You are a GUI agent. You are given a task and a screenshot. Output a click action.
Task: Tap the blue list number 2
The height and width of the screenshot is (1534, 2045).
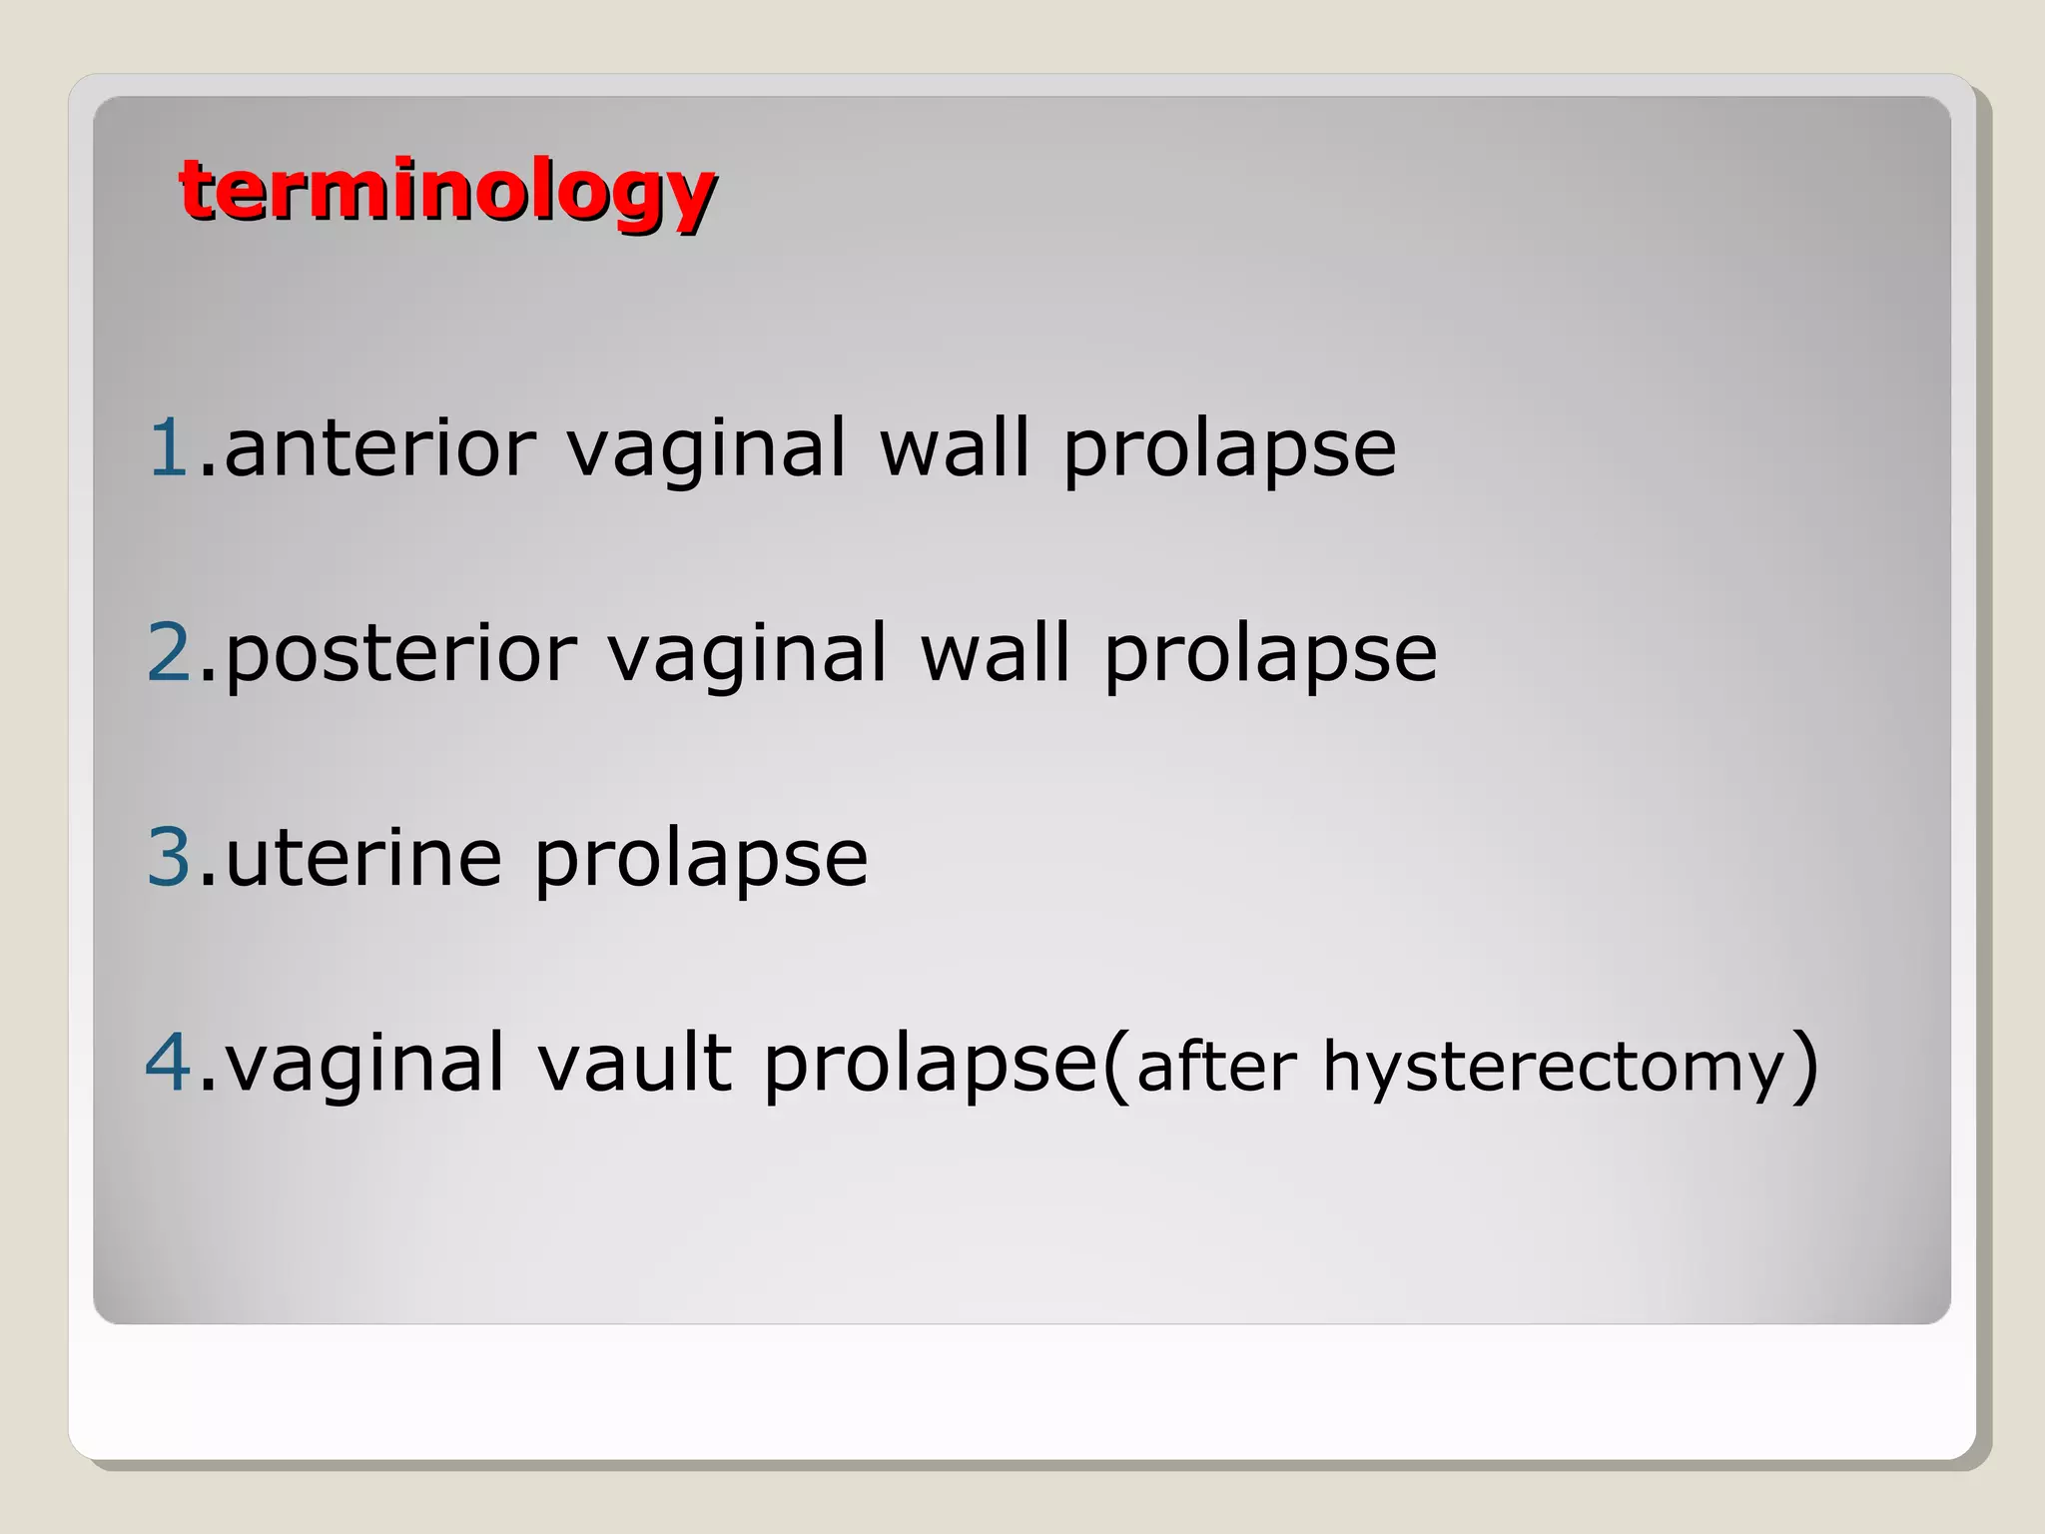tap(169, 652)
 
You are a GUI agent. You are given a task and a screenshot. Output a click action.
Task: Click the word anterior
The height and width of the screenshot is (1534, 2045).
tap(380, 449)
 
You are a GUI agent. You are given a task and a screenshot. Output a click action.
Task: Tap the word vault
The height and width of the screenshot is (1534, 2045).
tap(635, 1063)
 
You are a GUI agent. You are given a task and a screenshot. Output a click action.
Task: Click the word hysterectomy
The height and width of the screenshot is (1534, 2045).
tap(1554, 1067)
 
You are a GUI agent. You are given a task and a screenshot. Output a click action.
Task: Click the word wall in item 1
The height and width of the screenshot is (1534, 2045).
tap(954, 449)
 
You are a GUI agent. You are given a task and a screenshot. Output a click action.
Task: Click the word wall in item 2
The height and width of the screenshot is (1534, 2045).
tap(995, 654)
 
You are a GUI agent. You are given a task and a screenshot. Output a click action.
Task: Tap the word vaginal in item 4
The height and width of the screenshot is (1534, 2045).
tap(364, 1065)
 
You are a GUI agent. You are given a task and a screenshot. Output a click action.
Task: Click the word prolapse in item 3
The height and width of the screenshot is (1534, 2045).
tap(701, 859)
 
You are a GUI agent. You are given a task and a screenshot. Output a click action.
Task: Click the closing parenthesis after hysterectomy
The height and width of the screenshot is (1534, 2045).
tap(1802, 1067)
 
